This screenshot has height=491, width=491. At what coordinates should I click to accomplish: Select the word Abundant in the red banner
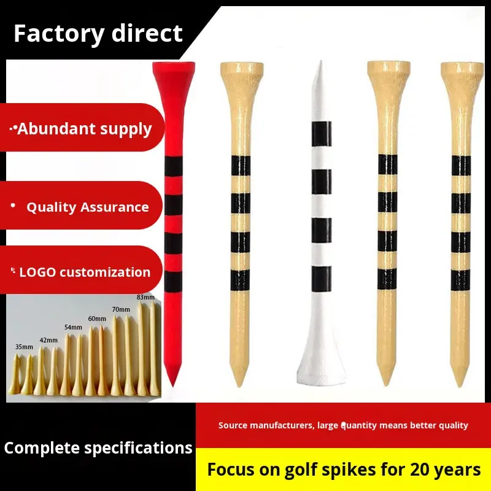click(55, 129)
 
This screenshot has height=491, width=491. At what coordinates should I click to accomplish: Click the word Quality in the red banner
click(52, 207)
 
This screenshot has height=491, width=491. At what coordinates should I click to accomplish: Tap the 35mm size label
click(24, 347)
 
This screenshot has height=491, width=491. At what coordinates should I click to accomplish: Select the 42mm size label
click(48, 340)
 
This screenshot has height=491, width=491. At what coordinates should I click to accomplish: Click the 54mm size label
click(73, 327)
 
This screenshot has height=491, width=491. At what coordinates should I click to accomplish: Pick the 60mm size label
click(97, 319)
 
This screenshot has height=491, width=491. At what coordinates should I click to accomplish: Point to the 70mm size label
click(121, 309)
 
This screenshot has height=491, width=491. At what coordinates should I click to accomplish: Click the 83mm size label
click(145, 298)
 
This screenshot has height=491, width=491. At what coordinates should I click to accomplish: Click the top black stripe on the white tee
click(320, 130)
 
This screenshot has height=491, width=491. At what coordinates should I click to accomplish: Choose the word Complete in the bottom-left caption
click(42, 448)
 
